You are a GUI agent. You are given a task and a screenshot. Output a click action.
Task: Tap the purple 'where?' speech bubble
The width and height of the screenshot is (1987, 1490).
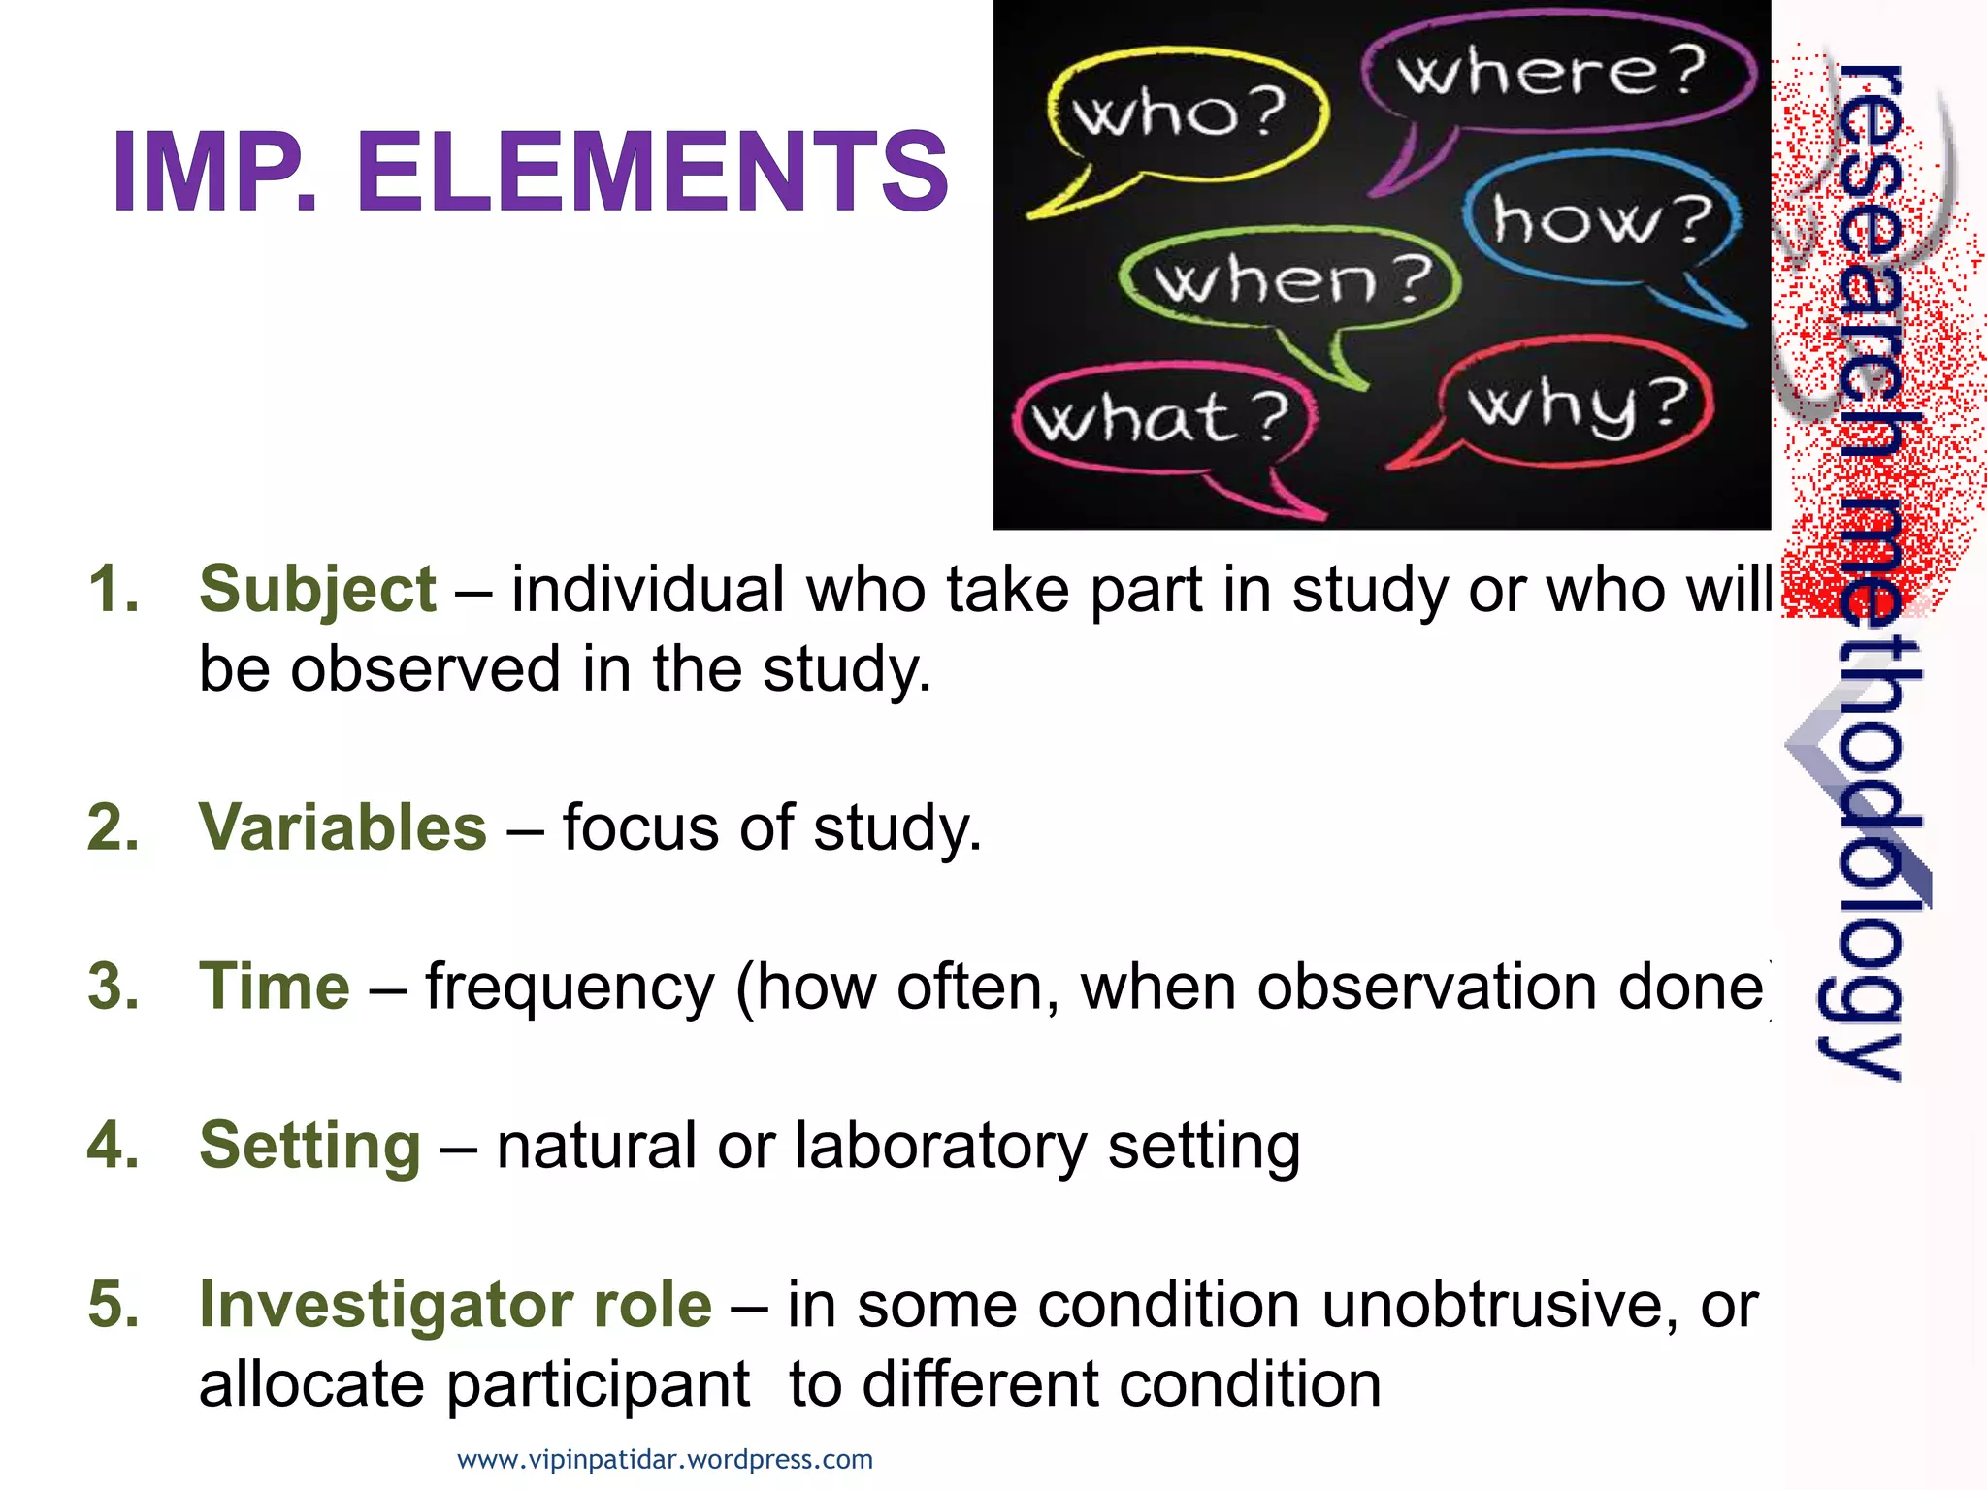[x=1552, y=73]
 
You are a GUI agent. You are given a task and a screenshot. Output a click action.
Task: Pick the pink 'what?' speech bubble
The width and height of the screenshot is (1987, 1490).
[x=1162, y=419]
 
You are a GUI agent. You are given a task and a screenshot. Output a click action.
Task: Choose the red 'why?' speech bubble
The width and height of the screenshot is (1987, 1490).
[x=1577, y=403]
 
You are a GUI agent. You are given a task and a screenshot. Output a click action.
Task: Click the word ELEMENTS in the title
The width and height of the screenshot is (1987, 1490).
[x=652, y=173]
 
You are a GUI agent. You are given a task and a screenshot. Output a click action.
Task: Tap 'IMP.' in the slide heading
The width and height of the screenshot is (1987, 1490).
[x=215, y=173]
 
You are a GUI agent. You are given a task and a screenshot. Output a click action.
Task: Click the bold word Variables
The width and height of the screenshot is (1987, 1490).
[x=342, y=827]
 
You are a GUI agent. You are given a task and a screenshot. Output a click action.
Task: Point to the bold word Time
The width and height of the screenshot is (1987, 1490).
[x=275, y=986]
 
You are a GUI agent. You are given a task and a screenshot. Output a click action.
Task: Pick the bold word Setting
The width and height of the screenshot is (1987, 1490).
[x=309, y=1145]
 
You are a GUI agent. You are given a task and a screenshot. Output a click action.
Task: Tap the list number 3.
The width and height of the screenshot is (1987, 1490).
[x=113, y=986]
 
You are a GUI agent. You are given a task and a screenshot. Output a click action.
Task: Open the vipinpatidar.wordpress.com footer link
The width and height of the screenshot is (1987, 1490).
[x=665, y=1459]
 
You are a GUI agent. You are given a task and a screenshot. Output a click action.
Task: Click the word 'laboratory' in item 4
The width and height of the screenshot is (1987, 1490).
[x=941, y=1147]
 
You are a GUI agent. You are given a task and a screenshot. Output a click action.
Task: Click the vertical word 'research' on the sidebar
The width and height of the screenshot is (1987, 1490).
[x=1869, y=243]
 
